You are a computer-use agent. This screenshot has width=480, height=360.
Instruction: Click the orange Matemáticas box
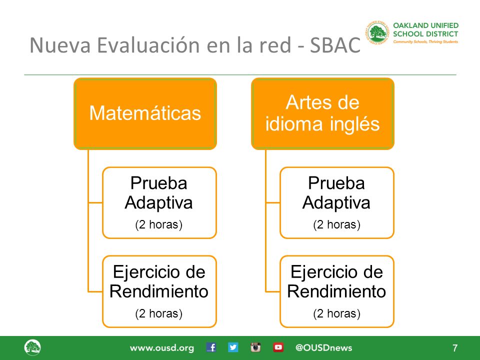click(x=145, y=113)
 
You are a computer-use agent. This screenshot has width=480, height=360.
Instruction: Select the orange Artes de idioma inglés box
click(x=322, y=113)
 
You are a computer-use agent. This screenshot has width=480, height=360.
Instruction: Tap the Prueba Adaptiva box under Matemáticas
click(x=159, y=202)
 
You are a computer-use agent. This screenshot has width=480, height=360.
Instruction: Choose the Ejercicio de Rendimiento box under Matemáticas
click(x=159, y=291)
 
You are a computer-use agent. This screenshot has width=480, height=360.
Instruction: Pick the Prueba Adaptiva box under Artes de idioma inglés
click(x=336, y=202)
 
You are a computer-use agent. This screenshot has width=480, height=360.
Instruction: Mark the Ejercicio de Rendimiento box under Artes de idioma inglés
click(x=336, y=291)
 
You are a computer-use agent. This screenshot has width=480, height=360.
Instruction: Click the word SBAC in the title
click(x=335, y=45)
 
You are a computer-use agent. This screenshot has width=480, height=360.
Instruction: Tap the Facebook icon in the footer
click(x=211, y=347)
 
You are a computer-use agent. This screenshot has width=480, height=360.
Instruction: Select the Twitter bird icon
click(x=233, y=347)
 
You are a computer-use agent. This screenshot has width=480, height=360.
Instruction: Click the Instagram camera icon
click(x=255, y=347)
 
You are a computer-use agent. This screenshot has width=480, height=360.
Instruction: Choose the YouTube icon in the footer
click(x=278, y=347)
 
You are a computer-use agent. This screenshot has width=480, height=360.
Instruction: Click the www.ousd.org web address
click(x=162, y=348)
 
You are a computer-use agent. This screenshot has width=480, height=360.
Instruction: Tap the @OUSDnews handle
click(x=324, y=348)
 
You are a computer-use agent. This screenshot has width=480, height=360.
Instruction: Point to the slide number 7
click(x=455, y=348)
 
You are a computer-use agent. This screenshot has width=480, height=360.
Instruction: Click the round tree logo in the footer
click(x=32, y=347)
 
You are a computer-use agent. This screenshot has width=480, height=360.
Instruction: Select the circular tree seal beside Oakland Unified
click(x=377, y=33)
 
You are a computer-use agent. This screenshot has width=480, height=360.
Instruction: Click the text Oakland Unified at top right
click(x=425, y=25)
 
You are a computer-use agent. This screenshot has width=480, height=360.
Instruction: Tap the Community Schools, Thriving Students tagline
click(x=425, y=41)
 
